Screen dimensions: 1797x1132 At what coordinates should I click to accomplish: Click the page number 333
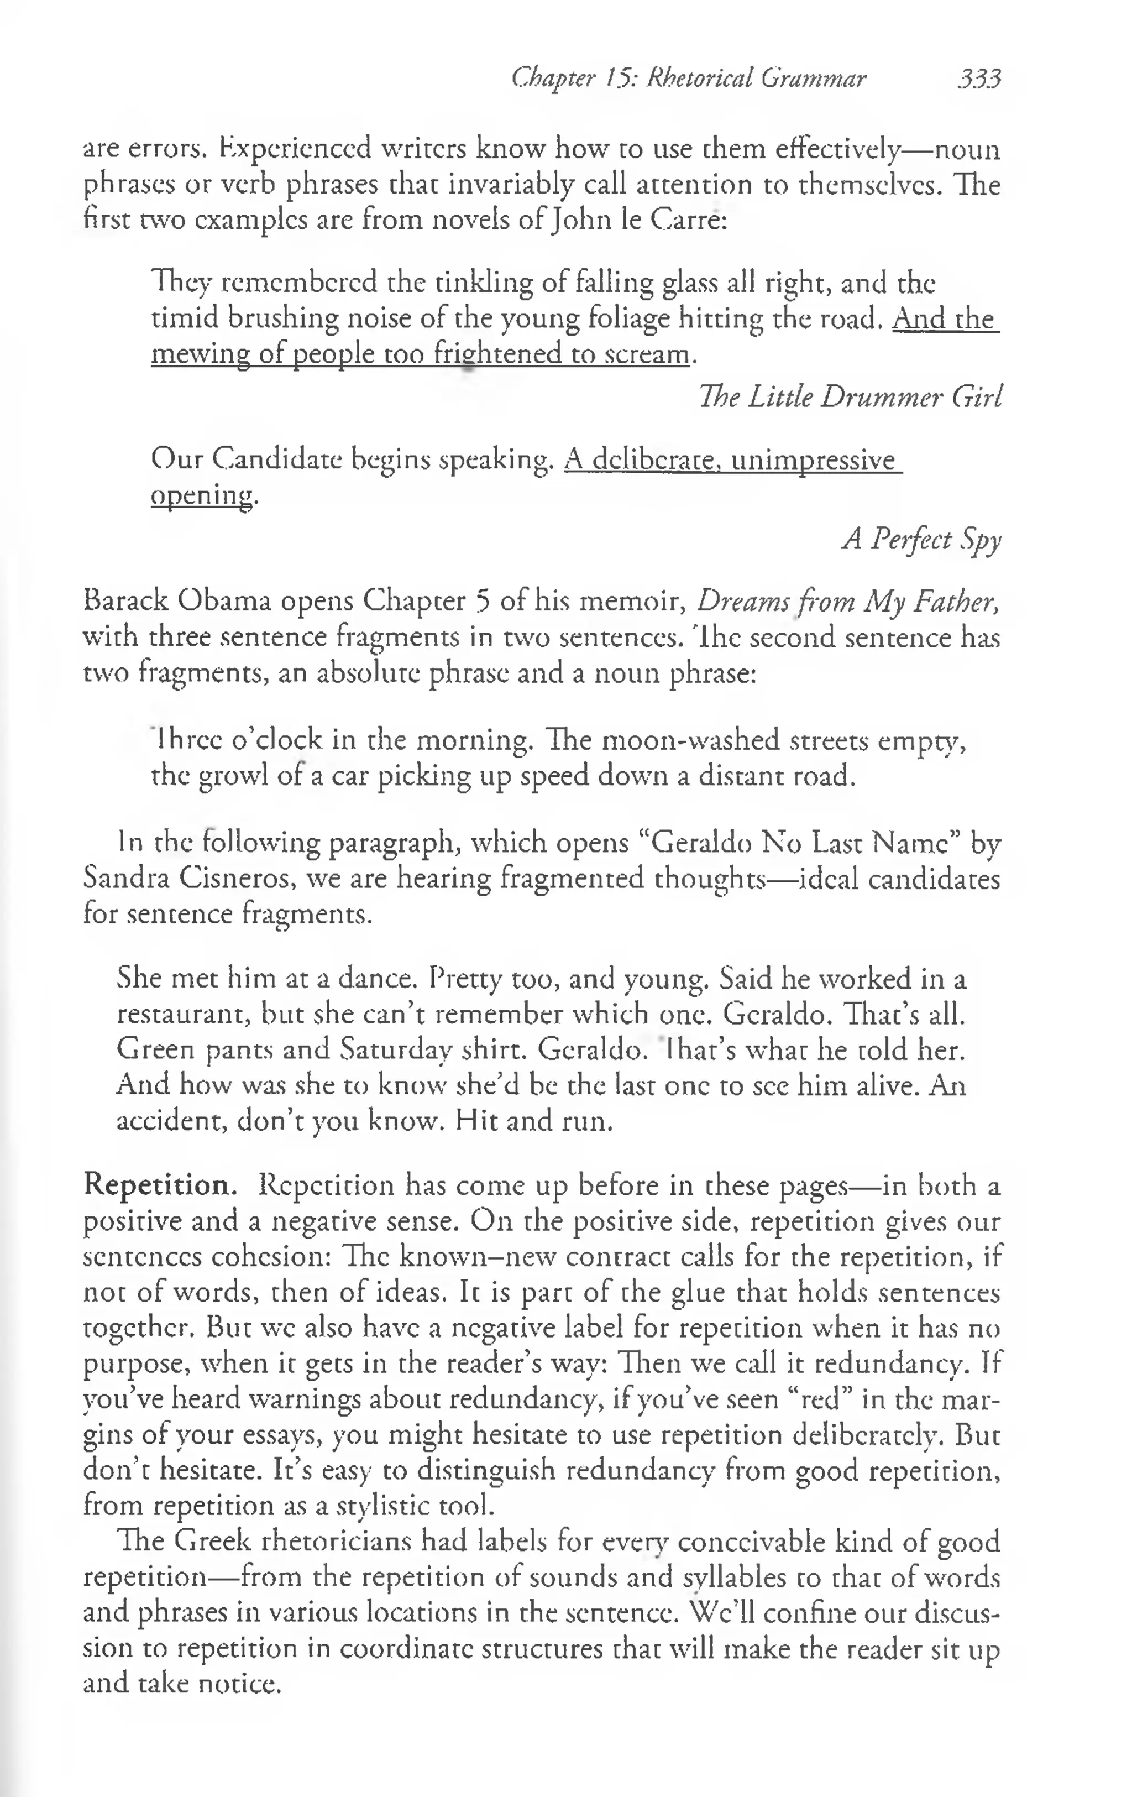[x=979, y=79]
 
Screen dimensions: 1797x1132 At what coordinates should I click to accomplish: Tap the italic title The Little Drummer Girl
[x=849, y=396]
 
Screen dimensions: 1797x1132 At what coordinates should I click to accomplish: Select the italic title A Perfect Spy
[x=921, y=539]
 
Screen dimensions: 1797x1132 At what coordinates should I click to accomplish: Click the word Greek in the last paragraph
[x=215, y=1541]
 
